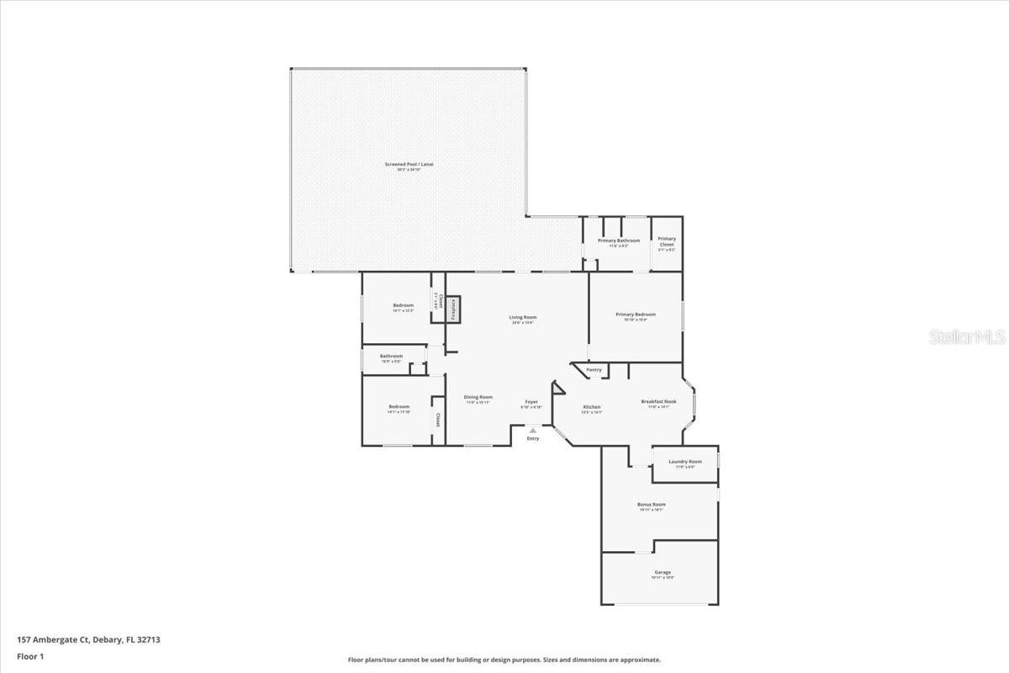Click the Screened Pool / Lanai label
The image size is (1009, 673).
pos(409,165)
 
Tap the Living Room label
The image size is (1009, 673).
pos(522,318)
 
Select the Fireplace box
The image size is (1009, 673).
pos(452,309)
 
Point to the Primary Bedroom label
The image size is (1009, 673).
pos(635,315)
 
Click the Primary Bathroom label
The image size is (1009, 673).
pos(618,241)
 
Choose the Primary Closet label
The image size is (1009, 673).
pos(666,241)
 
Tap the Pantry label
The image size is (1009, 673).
pos(594,370)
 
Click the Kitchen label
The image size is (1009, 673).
pos(592,407)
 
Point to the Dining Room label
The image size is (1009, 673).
pos(478,397)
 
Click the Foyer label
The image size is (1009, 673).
pos(531,402)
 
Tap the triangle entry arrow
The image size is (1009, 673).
pos(532,431)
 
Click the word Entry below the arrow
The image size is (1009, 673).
pos(533,439)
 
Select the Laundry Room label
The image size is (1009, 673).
pos(684,462)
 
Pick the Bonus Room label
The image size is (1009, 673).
pos(652,505)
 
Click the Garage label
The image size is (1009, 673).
pos(663,573)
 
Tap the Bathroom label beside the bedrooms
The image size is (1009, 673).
pos(391,356)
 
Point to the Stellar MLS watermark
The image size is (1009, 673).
pos(967,336)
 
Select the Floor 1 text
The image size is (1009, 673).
pos(30,656)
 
